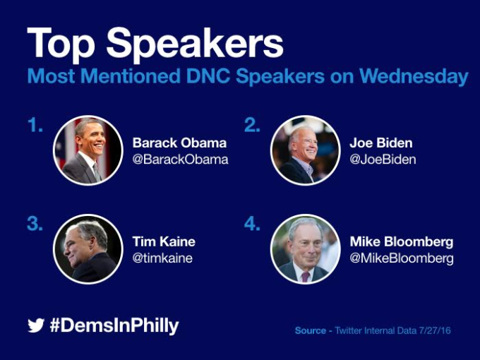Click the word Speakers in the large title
pos(195,44)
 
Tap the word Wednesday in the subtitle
pos(414,76)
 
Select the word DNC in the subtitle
pos(208,76)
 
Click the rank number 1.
pos(35,125)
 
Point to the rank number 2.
pos(252,125)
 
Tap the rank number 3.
pos(35,224)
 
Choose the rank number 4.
pos(252,224)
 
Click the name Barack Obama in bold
pos(180,143)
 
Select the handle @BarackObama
pos(180,160)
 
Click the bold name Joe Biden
pos(381,143)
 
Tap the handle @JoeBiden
pos(383,160)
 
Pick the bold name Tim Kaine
pos(164,242)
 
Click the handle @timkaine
pos(162,258)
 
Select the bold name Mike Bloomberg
pos(402,242)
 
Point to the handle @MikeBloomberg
pos(402,258)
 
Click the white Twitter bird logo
pos(36,325)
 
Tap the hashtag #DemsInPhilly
pos(114,325)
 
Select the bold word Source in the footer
pos(311,330)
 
